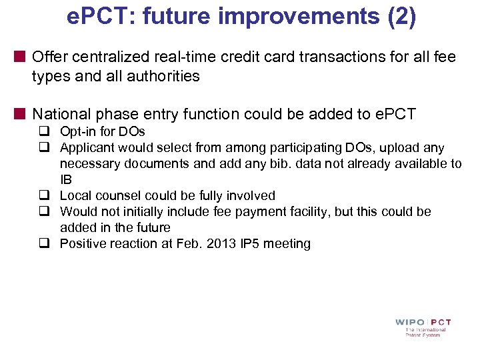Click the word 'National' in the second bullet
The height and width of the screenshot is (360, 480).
[61, 115]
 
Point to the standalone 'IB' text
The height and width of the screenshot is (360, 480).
[66, 180]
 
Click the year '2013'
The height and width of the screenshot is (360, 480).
[211, 244]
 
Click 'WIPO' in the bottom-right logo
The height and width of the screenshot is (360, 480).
[409, 323]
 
